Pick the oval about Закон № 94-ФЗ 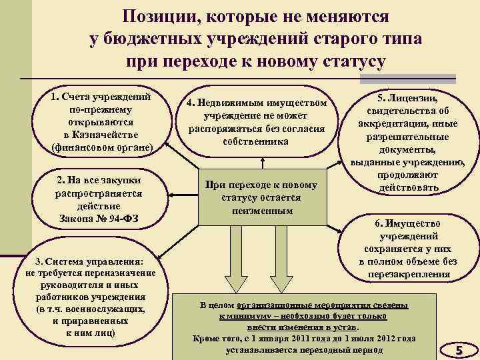click(x=99, y=199)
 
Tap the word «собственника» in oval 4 click(x=257, y=141)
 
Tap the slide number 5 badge click(x=458, y=349)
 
